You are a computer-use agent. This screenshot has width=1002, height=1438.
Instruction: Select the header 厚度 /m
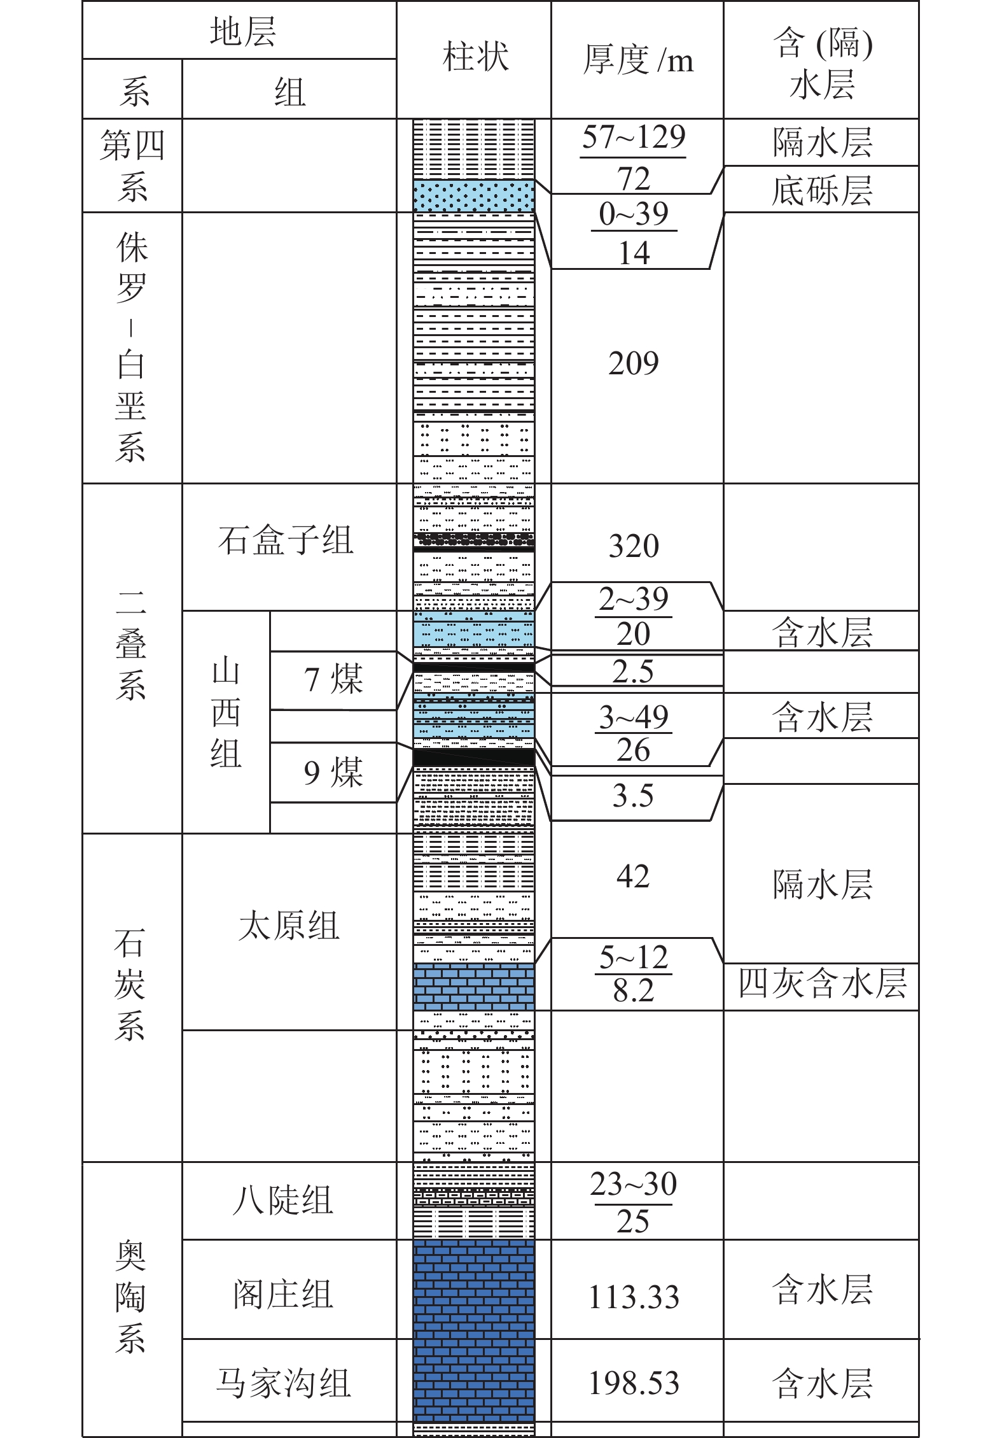point(637,60)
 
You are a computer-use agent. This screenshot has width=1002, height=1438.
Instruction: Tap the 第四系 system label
point(132,166)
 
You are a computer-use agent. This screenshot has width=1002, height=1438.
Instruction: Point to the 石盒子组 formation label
point(285,541)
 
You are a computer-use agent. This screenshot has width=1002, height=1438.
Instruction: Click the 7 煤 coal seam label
point(333,679)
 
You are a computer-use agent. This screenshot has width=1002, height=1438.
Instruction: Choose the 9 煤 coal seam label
point(333,772)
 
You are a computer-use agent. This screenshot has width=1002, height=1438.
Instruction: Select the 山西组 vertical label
point(226,714)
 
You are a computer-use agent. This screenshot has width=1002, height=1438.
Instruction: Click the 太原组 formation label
point(289,926)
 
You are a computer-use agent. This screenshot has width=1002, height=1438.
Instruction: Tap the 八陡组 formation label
point(283,1201)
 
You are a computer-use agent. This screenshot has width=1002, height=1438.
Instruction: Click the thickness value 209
point(634,363)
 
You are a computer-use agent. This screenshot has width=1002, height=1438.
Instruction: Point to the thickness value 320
point(634,546)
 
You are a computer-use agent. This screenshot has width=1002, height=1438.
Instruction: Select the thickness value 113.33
point(634,1297)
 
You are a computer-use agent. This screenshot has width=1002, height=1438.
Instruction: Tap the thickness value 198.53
point(634,1383)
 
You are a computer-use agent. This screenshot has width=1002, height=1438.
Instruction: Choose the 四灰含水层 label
point(822,983)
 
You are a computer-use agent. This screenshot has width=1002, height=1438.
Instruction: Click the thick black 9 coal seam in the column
point(474,757)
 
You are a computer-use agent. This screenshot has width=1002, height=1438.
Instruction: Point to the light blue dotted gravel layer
point(474,195)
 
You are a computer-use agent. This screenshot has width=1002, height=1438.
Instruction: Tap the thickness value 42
point(633,877)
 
